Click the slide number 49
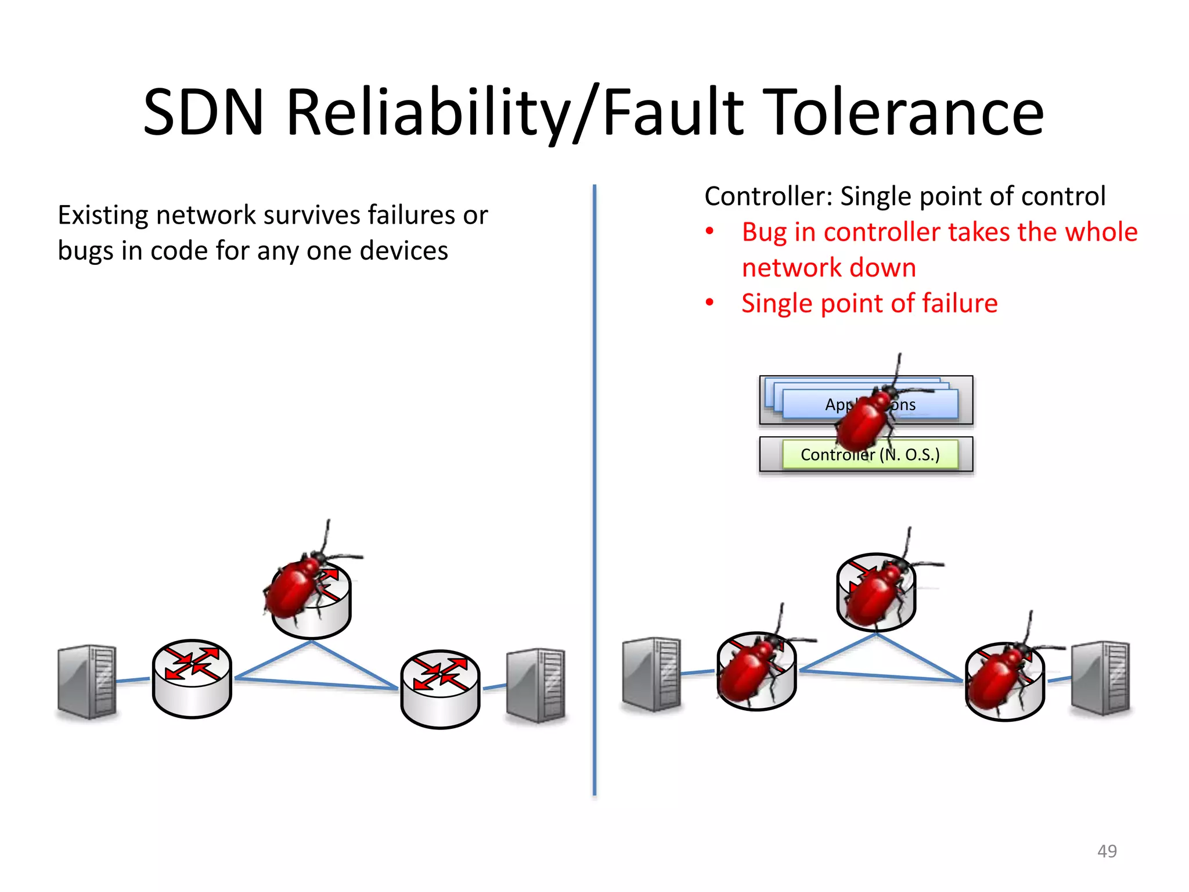click(1107, 851)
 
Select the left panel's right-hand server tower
click(535, 685)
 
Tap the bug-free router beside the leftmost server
click(192, 679)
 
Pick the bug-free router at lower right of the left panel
click(440, 689)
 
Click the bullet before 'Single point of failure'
click(709, 303)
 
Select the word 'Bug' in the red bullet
click(763, 232)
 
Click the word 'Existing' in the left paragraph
click(103, 215)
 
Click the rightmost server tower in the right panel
click(1101, 678)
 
